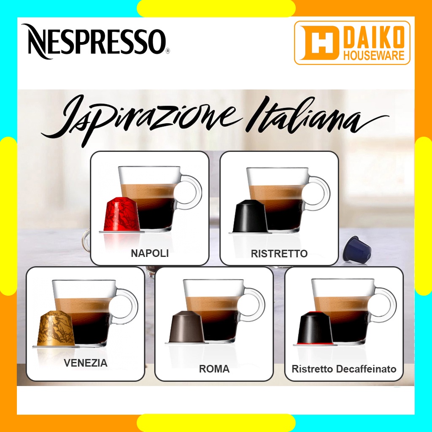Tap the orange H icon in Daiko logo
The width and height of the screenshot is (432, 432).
pos(319,43)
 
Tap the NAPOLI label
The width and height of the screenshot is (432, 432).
pos(150,254)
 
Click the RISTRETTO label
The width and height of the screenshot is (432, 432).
pos(279,254)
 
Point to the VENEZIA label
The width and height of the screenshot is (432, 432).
pos(86,363)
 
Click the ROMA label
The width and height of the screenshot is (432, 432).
pos(214,369)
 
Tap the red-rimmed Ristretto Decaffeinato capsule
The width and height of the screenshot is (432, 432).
pos(315,329)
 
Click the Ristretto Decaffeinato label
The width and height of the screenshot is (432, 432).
pos(344,369)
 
